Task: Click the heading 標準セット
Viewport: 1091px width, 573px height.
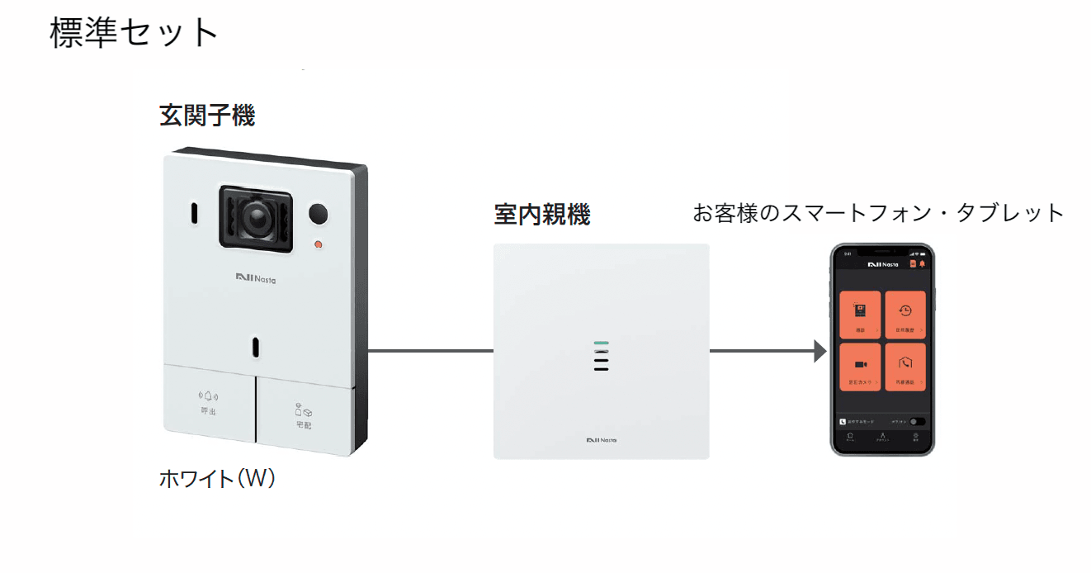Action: click(135, 33)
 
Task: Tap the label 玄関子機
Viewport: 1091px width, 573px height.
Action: click(207, 116)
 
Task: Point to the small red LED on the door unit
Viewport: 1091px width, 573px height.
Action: click(318, 244)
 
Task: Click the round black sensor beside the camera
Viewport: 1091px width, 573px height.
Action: click(319, 214)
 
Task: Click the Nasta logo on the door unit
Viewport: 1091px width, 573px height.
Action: click(256, 278)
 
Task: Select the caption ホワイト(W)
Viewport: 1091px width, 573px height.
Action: click(216, 479)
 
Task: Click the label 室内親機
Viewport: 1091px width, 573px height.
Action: click(542, 215)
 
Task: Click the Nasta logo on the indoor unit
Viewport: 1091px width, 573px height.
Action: click(601, 439)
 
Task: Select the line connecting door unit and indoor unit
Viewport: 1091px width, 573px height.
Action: click(429, 351)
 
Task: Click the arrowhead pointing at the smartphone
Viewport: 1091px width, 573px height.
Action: click(819, 351)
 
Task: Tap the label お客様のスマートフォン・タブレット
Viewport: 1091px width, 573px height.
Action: click(879, 213)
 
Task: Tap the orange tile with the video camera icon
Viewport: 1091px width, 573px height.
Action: click(860, 367)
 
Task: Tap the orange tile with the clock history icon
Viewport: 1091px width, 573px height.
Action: click(905, 315)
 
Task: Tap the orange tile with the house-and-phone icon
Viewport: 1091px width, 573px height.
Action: click(905, 367)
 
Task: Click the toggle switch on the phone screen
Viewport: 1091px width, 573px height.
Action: click(918, 421)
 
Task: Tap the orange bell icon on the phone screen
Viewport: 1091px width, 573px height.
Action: click(922, 264)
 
